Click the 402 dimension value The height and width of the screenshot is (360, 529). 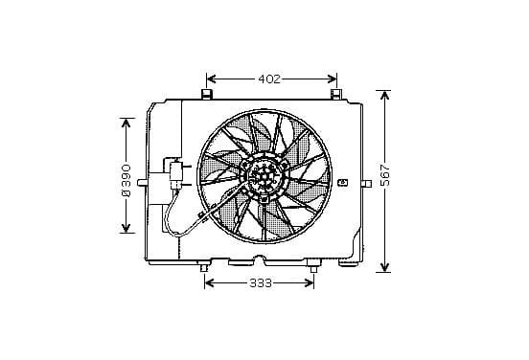(269, 79)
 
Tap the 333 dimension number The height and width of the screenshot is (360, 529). (261, 283)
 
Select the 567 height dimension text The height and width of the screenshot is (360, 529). (384, 175)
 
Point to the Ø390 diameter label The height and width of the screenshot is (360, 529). (126, 181)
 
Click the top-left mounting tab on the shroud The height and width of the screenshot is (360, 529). (206, 94)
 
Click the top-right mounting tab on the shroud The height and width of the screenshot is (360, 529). (335, 94)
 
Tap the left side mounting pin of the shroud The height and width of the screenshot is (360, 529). (143, 182)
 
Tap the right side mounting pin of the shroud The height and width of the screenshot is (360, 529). (367, 184)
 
